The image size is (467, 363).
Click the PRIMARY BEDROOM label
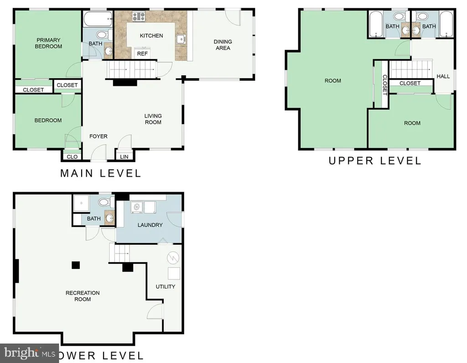coord(48,43)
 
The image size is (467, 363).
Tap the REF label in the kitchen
coord(142,54)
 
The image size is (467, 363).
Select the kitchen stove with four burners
coord(139,16)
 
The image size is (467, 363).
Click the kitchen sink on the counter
coord(181,39)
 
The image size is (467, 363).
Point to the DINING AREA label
coord(223,45)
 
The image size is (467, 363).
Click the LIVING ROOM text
coord(153,119)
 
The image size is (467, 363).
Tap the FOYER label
coord(99,137)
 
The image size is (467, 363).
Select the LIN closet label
coord(124,157)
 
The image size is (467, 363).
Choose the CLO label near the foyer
coord(72,157)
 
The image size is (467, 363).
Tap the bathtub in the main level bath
coord(98,19)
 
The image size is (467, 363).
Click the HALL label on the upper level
coord(443,76)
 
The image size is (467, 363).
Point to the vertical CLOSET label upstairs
coord(384,85)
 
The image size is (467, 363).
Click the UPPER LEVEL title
coord(375,161)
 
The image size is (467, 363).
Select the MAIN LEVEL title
coord(101,174)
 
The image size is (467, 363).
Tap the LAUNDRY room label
coord(150,225)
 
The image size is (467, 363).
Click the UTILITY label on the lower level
coord(165,287)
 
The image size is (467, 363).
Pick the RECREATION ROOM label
coord(83,296)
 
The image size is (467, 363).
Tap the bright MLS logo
coord(30,353)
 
